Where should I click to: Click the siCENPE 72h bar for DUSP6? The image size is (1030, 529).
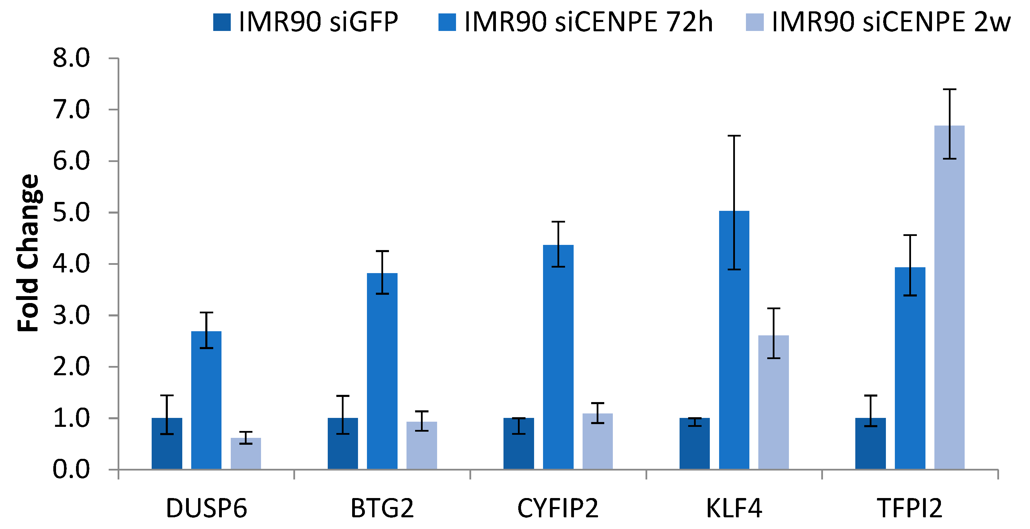pos(206,400)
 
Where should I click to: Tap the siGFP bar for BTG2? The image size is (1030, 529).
pos(343,443)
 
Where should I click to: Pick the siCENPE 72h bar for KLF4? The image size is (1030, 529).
pos(734,340)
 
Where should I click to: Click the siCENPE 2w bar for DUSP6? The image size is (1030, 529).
pos(246,453)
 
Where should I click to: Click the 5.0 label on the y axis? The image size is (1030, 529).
pos(71,213)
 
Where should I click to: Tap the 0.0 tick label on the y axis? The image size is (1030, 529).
pos(71,469)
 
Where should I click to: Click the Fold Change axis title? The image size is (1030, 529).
pos(28,253)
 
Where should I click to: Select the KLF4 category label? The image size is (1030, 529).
pos(734,509)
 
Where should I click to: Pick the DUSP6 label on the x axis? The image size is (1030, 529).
pos(206,509)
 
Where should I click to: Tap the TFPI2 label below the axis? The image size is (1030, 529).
pos(910,509)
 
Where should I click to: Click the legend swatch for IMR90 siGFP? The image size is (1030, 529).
pos(222,22)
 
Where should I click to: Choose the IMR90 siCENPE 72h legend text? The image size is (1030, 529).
pos(588,22)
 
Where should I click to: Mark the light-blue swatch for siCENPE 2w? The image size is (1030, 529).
pos(755,22)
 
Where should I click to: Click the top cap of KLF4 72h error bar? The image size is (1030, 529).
pos(734,136)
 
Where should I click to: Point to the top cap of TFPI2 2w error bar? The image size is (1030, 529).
pos(949,89)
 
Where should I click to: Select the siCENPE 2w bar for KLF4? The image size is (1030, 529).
pos(773,402)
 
